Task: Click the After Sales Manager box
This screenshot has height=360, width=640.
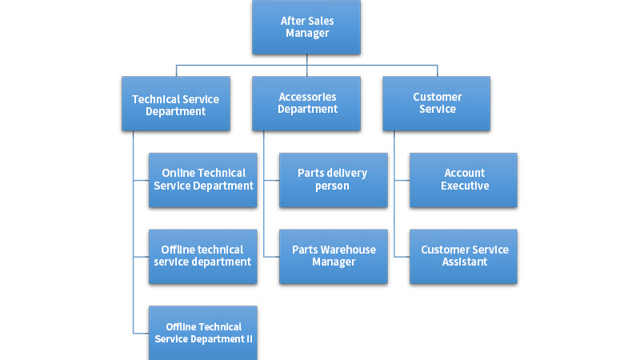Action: click(x=306, y=27)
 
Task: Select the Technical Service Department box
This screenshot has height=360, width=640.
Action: click(x=176, y=104)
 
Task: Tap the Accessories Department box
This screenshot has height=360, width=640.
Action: click(x=306, y=104)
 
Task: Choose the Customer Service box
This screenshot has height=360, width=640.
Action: click(x=437, y=104)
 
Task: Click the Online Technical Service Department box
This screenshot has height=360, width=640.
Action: click(x=203, y=180)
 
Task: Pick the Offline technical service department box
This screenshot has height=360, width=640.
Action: click(x=203, y=256)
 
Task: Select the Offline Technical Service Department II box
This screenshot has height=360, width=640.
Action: click(x=203, y=332)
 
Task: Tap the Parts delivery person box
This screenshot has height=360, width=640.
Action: click(x=333, y=180)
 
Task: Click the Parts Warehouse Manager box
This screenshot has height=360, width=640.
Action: click(x=333, y=256)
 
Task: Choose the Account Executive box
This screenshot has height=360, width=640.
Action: click(x=464, y=180)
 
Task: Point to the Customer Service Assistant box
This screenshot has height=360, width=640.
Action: click(x=464, y=256)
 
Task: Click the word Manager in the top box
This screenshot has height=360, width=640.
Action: click(x=307, y=34)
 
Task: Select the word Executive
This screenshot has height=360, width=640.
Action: click(x=465, y=186)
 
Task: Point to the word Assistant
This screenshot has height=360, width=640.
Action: click(x=465, y=262)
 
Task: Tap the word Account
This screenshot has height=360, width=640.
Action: click(x=465, y=173)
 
